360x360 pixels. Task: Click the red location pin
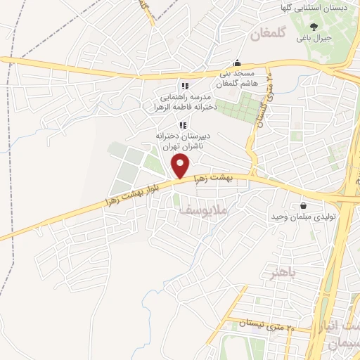181,166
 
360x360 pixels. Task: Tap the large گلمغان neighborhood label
270,34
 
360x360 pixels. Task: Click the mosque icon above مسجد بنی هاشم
238,62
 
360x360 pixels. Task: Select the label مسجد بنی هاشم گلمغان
238,78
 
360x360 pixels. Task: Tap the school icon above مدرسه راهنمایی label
184,86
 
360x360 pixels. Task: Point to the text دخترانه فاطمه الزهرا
185,108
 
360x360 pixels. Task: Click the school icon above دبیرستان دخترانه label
183,124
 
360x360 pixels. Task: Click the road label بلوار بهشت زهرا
134,191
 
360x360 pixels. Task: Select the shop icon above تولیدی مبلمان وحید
303,206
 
